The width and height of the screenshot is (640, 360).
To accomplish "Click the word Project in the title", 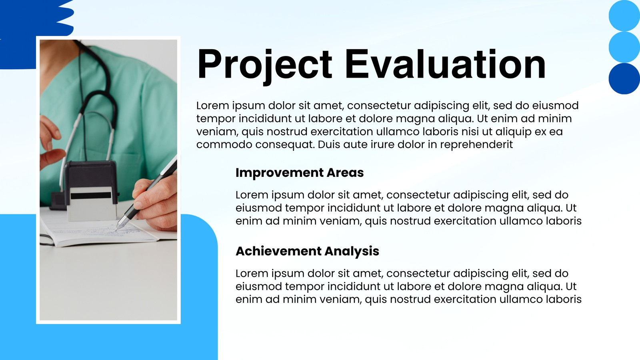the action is click(264, 66).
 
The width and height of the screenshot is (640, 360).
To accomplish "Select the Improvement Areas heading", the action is click(300, 172).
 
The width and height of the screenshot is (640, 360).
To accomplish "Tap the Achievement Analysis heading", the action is click(307, 252).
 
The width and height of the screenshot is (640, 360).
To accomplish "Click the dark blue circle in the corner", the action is click(624, 78).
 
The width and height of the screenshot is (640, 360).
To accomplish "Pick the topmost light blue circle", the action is click(624, 16).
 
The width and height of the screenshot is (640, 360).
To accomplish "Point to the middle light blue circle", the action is click(624, 47).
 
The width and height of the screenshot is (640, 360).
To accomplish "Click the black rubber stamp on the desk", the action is click(91, 190).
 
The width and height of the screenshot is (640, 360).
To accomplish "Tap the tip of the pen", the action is click(116, 230).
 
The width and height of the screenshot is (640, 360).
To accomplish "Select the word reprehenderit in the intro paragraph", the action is click(476, 145).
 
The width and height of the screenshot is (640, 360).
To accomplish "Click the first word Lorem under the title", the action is click(212, 106).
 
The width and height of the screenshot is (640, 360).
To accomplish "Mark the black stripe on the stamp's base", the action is click(91, 196).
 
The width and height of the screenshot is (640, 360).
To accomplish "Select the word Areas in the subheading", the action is click(345, 172).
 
